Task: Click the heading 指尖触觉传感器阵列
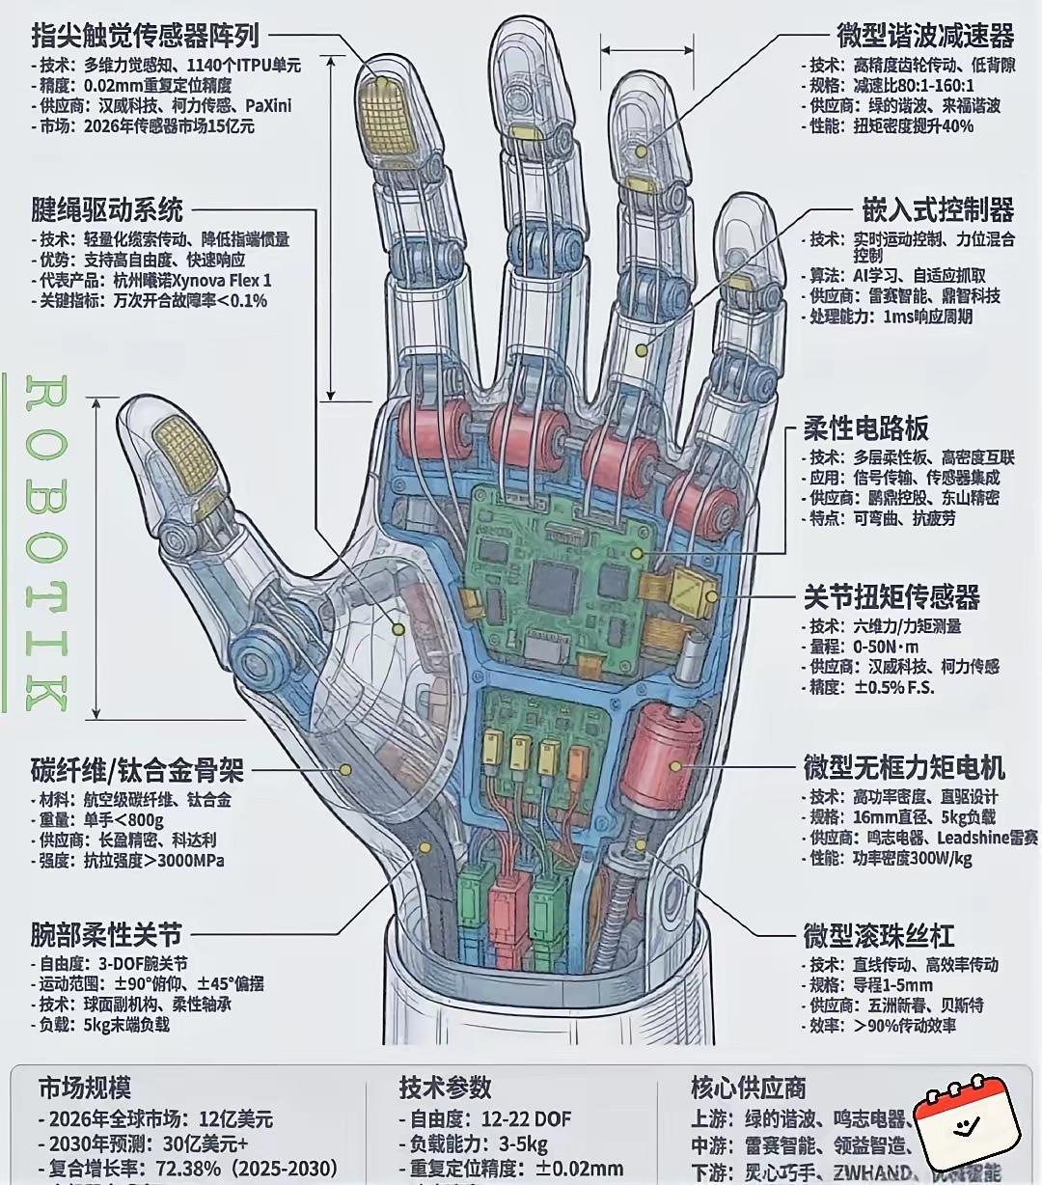click(145, 37)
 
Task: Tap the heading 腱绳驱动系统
click(107, 209)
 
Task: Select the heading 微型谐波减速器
click(925, 36)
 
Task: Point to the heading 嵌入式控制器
click(938, 209)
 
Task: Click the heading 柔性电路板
click(866, 428)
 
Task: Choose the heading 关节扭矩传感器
click(891, 596)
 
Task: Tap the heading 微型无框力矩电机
click(904, 767)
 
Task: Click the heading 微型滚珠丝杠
click(879, 935)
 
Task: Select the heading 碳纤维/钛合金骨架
click(137, 771)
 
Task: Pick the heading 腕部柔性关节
click(106, 934)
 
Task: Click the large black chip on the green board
click(552, 584)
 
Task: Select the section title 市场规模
click(85, 1088)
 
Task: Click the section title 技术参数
click(446, 1088)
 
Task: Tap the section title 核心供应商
click(749, 1088)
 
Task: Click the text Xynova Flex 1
click(221, 280)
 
